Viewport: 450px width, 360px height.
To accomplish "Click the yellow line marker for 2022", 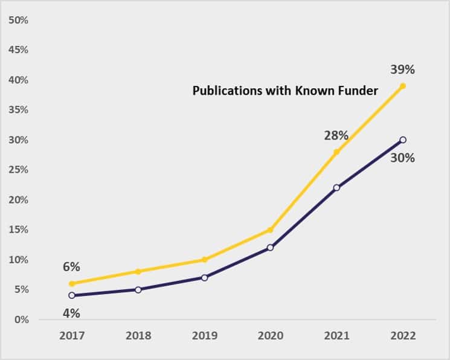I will (x=403, y=86).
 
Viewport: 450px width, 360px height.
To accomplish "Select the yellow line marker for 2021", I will (x=336, y=152).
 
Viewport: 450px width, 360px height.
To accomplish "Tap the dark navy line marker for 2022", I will (x=403, y=140).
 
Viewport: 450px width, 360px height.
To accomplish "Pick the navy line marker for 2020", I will (x=270, y=248).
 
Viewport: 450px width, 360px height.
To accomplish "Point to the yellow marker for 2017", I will (x=72, y=283).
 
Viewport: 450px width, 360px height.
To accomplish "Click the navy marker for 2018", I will (x=138, y=289).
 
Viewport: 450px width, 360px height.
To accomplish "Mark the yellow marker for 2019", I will (x=204, y=260).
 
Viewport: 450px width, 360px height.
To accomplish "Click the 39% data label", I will (x=402, y=69).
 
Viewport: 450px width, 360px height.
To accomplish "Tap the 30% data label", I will (x=402, y=158).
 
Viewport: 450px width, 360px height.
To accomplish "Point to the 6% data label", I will (x=71, y=266).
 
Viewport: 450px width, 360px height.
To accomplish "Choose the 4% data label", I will (x=71, y=313).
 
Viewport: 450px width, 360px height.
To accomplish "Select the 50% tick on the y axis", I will (x=18, y=20).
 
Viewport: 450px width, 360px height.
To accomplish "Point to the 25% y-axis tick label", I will (x=18, y=170).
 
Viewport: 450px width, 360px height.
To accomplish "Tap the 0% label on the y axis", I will (x=21, y=320).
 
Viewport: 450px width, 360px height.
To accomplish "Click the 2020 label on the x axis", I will (x=270, y=336).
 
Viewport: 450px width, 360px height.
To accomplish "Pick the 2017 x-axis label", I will (x=72, y=336).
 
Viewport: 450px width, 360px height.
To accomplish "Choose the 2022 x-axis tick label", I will (x=403, y=336).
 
